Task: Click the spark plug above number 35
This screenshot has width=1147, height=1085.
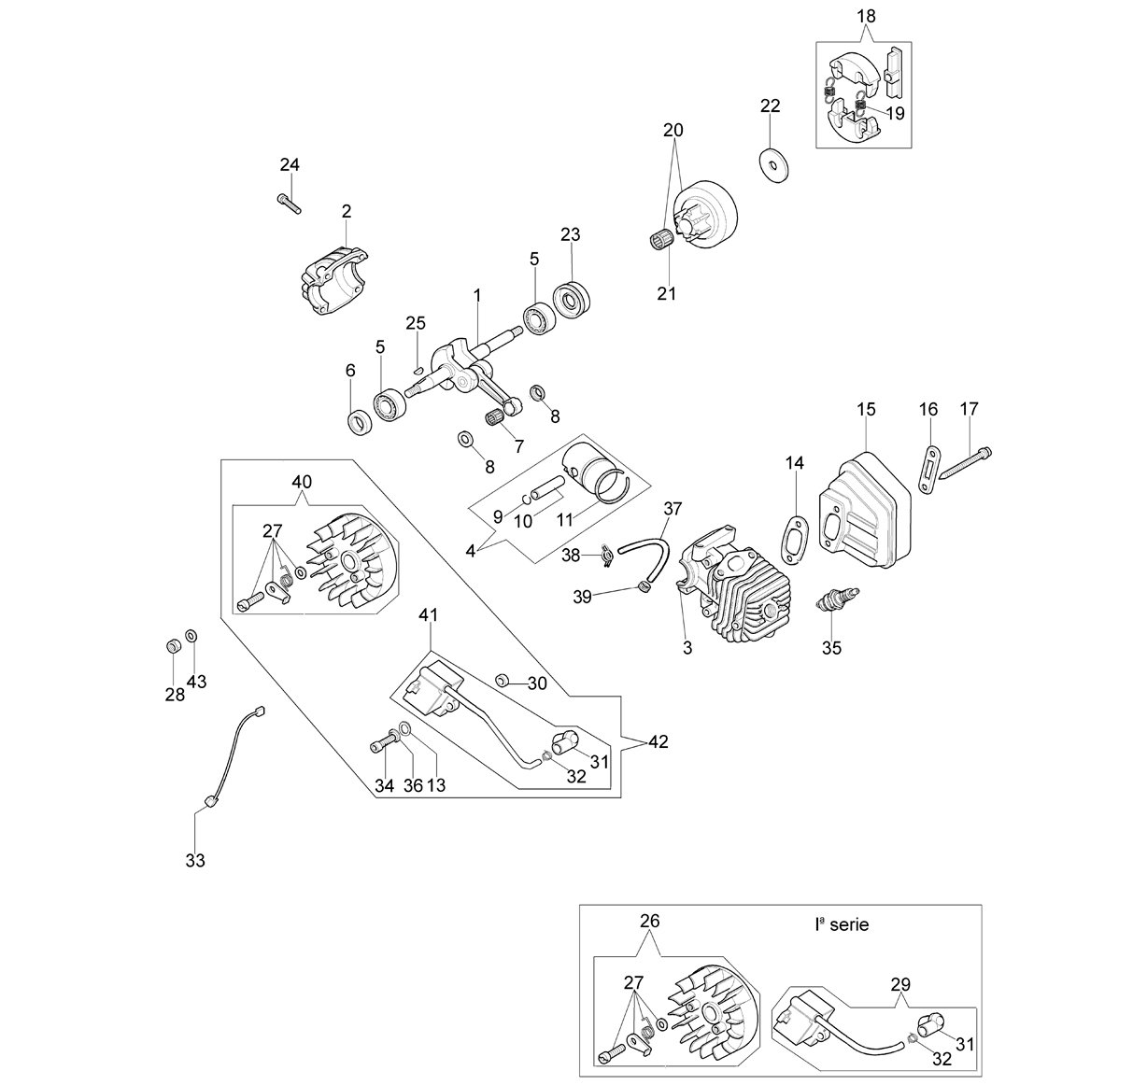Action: tap(837, 599)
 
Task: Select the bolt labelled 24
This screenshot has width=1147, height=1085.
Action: tap(289, 204)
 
